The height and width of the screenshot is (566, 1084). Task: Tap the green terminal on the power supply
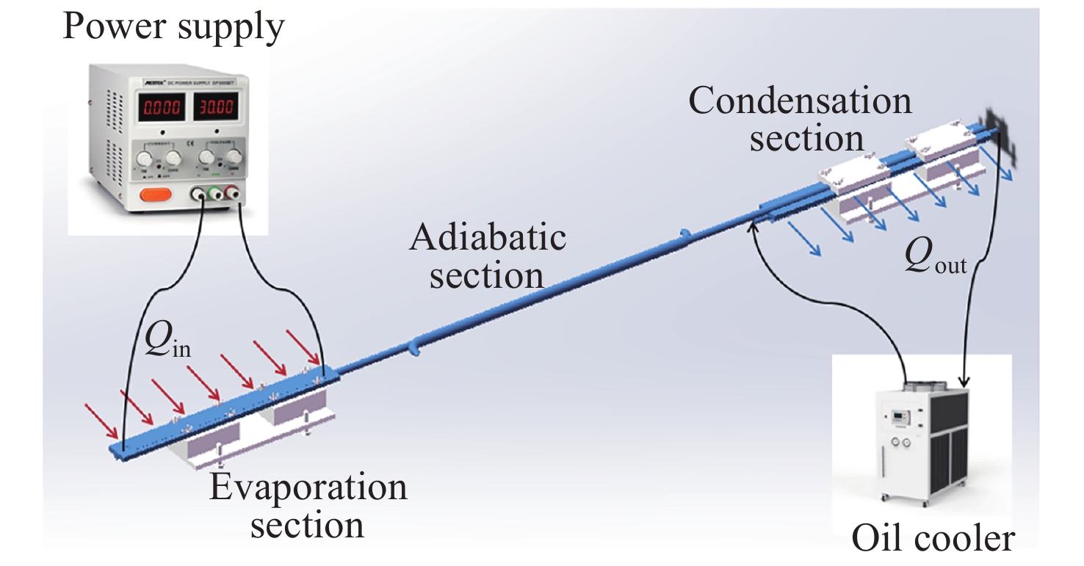pyautogui.click(x=216, y=195)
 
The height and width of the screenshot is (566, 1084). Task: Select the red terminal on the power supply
pyautogui.click(x=233, y=195)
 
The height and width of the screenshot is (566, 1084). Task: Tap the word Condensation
pyautogui.click(x=801, y=100)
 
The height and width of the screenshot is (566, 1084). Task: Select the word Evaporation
pyautogui.click(x=308, y=487)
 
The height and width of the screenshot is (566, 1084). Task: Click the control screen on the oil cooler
pyautogui.click(x=900, y=418)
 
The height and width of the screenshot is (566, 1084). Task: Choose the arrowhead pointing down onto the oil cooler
pyautogui.click(x=964, y=382)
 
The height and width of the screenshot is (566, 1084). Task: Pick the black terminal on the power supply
pyautogui.click(x=199, y=195)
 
